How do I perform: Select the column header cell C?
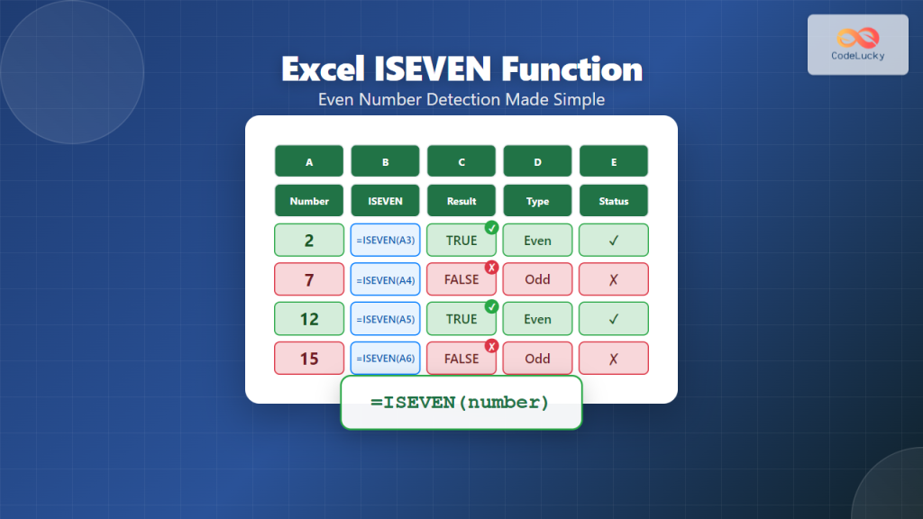pyautogui.click(x=461, y=161)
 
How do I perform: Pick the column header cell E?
pyautogui.click(x=614, y=161)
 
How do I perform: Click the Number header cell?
pyautogui.click(x=309, y=201)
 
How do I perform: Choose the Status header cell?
pyautogui.click(x=614, y=201)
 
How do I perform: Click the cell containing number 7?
pyautogui.click(x=309, y=279)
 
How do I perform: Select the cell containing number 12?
pyautogui.click(x=309, y=319)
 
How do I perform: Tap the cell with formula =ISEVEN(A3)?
pyautogui.click(x=385, y=241)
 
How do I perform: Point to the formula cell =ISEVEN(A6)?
pyautogui.click(x=385, y=359)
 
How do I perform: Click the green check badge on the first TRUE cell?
pyautogui.click(x=491, y=227)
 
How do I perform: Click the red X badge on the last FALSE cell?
pyautogui.click(x=491, y=346)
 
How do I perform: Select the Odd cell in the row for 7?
pyautogui.click(x=537, y=279)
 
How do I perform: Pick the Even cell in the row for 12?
pyautogui.click(x=537, y=319)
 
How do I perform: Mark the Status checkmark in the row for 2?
pyautogui.click(x=614, y=241)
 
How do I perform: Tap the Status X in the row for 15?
pyautogui.click(x=614, y=359)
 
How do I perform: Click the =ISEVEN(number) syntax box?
pyautogui.click(x=461, y=403)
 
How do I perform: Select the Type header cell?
pyautogui.click(x=537, y=201)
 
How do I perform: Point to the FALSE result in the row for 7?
pyautogui.click(x=461, y=279)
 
